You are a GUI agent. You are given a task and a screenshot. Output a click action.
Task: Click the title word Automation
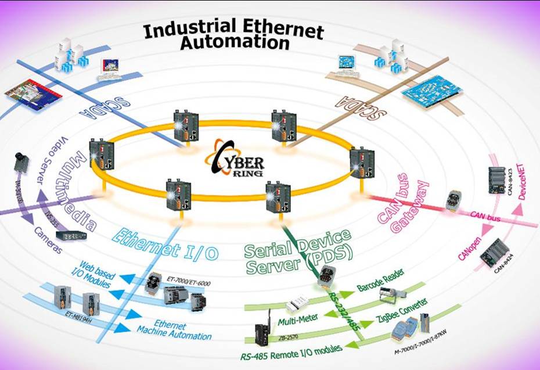click(x=235, y=43)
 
